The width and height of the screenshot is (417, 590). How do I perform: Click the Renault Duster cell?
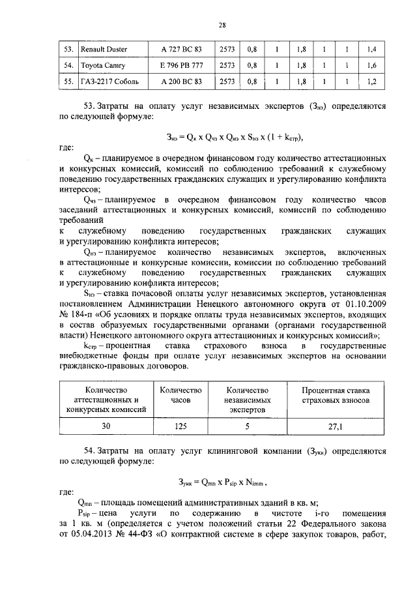click(x=104, y=50)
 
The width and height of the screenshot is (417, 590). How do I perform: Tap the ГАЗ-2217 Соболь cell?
click(x=108, y=82)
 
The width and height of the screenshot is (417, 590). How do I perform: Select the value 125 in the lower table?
click(x=180, y=427)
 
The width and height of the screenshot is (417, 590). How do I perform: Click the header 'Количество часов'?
click(x=180, y=394)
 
